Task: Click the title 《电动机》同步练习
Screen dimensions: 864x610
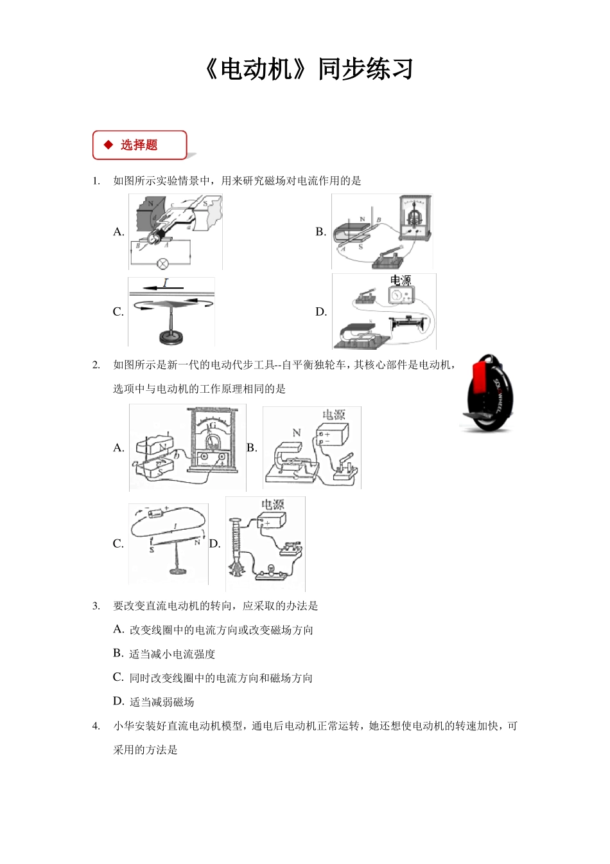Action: (x=308, y=69)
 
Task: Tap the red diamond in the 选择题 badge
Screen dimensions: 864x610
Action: (x=108, y=145)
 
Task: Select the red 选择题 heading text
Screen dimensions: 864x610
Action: (x=139, y=145)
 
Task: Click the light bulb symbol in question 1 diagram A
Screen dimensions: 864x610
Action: (x=163, y=262)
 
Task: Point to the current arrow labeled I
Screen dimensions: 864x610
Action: (x=166, y=283)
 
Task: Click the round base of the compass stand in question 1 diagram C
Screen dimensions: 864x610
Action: (x=170, y=336)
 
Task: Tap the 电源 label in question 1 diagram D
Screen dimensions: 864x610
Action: (x=401, y=281)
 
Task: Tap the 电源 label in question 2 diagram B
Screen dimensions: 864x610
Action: (x=334, y=415)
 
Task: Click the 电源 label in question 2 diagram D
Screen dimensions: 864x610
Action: (x=272, y=505)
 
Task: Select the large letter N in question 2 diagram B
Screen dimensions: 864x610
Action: (x=297, y=433)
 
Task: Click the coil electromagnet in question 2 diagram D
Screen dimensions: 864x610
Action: (x=233, y=543)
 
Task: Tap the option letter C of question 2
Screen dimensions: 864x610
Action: (x=118, y=544)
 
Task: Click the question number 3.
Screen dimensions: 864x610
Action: (x=96, y=606)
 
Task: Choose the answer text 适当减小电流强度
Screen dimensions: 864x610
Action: (x=172, y=654)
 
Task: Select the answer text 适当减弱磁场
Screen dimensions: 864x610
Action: (x=162, y=702)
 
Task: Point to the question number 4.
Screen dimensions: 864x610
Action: (x=96, y=726)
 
